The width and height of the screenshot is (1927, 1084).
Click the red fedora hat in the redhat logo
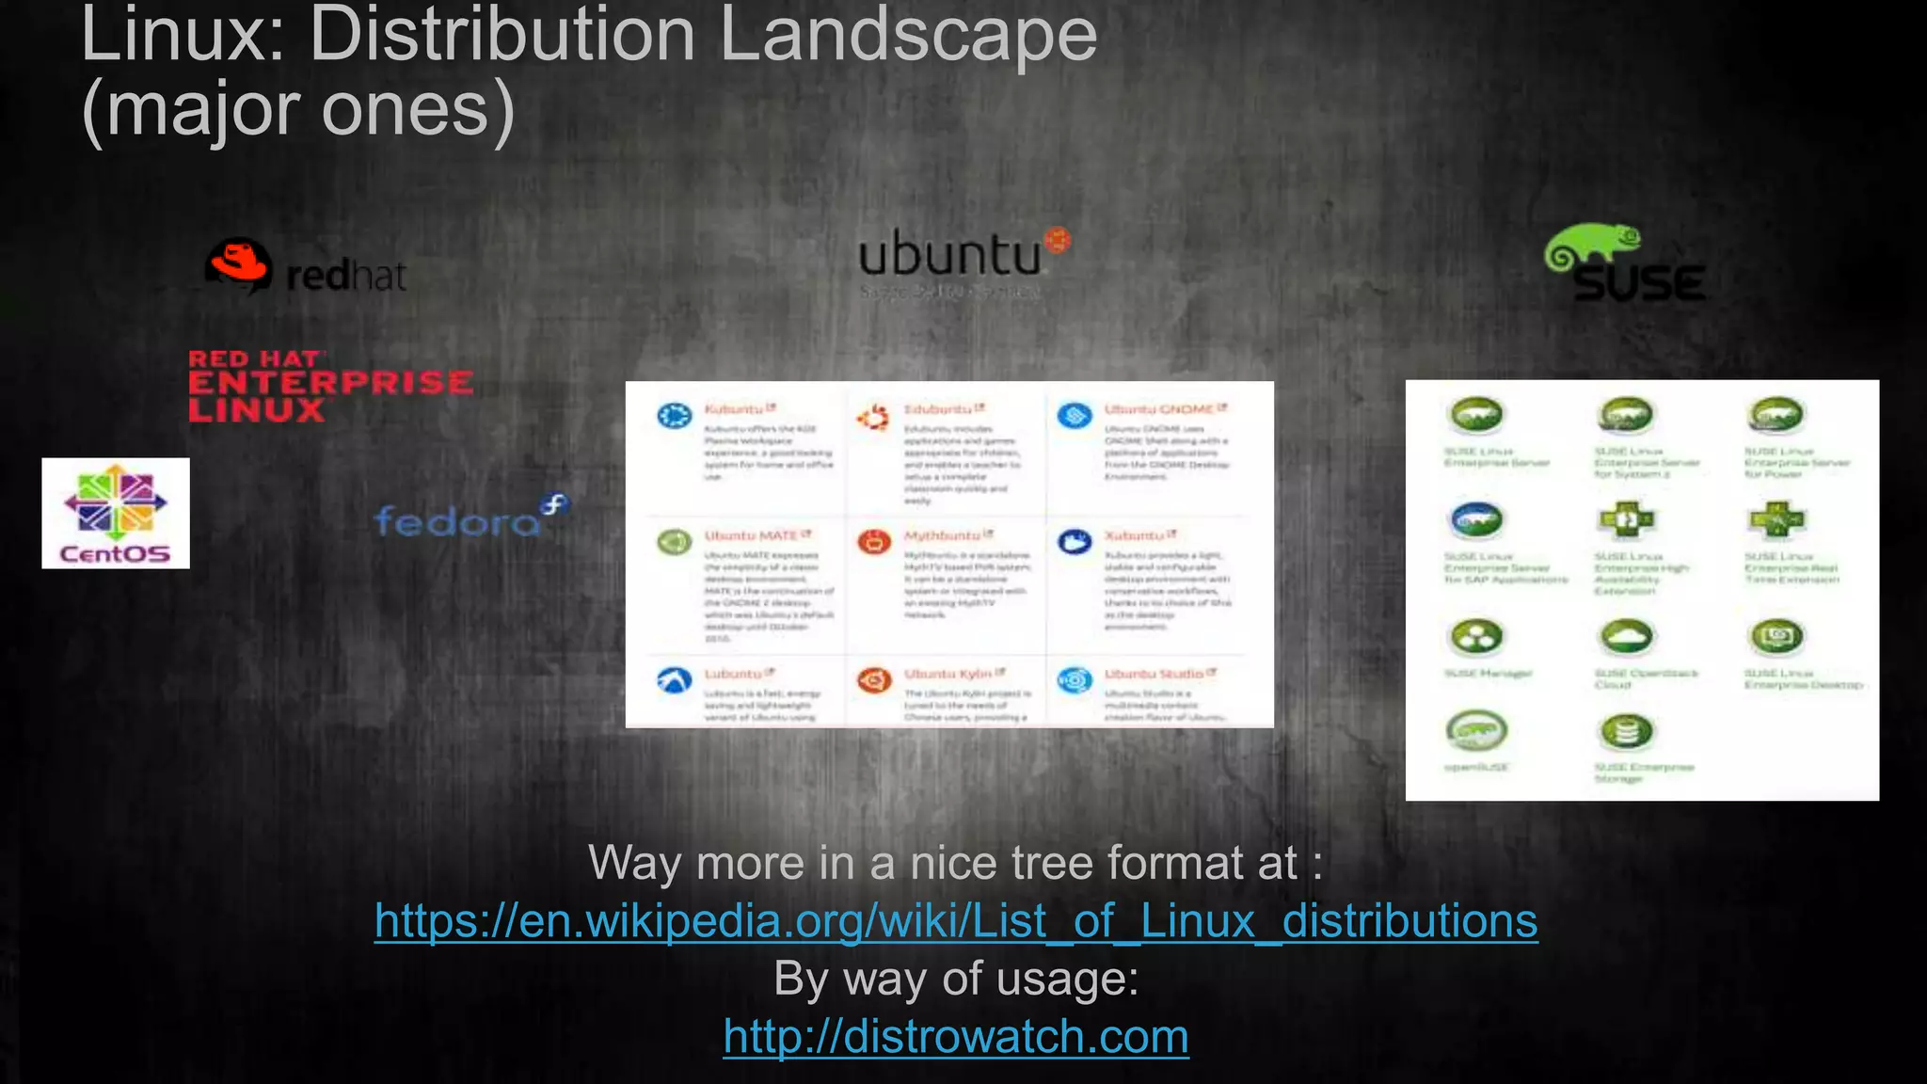(239, 263)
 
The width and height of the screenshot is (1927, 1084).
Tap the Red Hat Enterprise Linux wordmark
(329, 385)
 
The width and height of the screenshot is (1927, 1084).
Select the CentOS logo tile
(116, 513)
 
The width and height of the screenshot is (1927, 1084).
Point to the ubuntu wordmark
(950, 255)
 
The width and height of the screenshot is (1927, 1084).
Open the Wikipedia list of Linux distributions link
(956, 920)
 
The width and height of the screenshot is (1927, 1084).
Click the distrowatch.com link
(956, 1036)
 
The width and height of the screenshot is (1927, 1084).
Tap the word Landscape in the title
(908, 35)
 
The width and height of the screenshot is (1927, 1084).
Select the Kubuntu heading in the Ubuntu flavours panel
(735, 409)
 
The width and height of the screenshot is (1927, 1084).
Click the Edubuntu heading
(938, 409)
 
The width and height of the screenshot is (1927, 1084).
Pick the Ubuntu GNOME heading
(1159, 409)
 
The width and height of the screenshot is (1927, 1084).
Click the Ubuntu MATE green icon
(674, 542)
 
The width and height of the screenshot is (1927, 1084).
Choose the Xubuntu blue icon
(1075, 542)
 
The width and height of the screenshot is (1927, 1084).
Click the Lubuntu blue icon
(674, 679)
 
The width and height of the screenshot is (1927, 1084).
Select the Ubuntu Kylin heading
(948, 674)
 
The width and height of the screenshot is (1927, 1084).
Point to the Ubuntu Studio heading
(1155, 674)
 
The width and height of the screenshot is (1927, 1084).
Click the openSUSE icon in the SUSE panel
(1477, 730)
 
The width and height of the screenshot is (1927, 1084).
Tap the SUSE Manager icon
(1477, 637)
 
